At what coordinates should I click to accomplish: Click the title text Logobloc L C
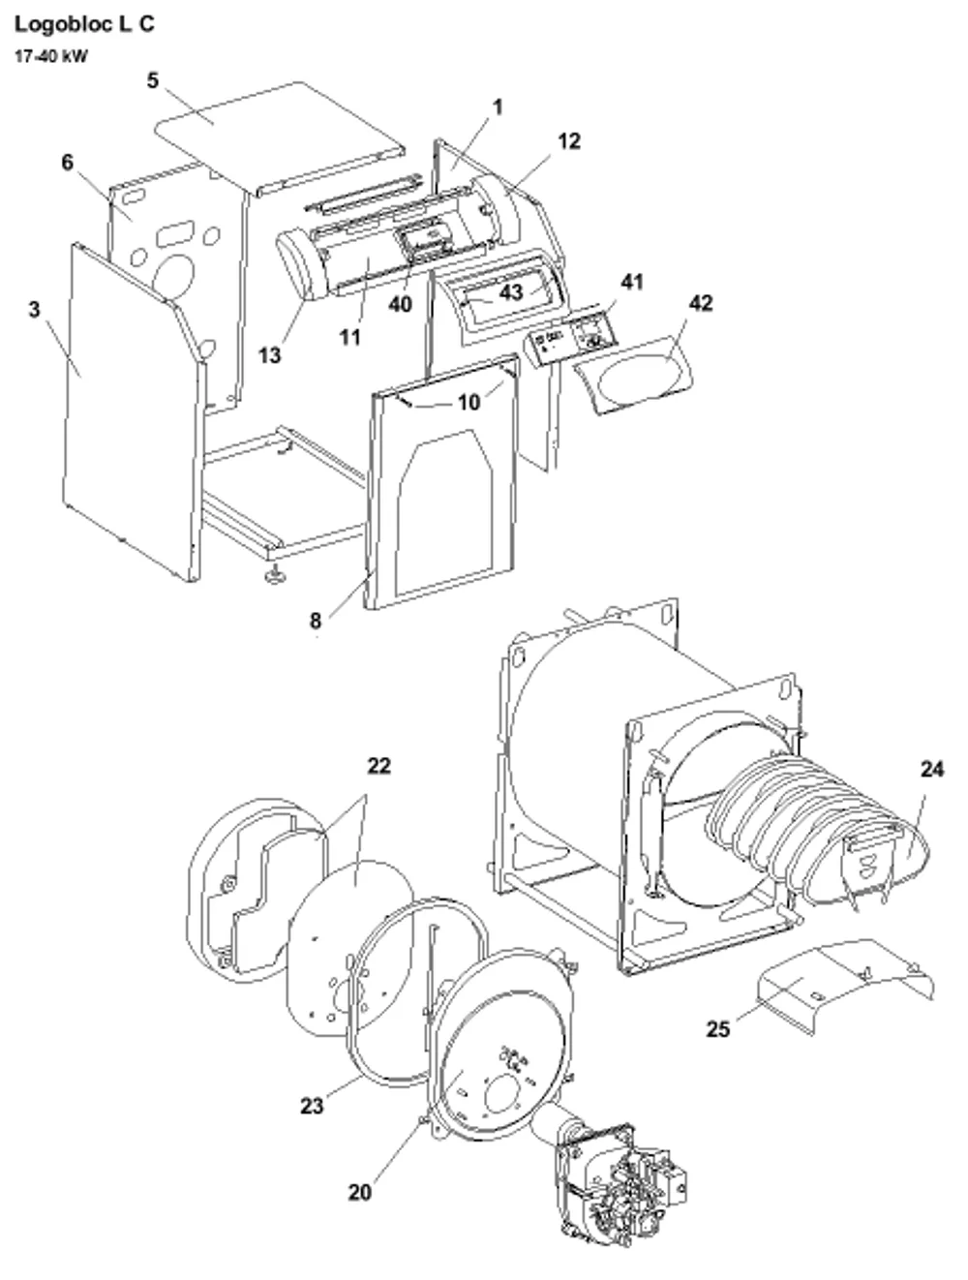pos(84,24)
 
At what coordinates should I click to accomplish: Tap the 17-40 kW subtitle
pos(50,56)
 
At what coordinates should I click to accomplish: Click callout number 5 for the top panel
pos(152,80)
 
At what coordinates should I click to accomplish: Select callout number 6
pos(68,162)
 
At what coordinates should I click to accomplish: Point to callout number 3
pos(35,309)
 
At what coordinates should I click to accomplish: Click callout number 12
pos(569,141)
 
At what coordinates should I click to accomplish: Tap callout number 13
pos(269,354)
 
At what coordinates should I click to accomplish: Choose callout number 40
pos(400,304)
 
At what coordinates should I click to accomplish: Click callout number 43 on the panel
pos(510,292)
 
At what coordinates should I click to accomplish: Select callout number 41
pos(632,283)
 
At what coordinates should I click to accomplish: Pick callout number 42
pos(701,303)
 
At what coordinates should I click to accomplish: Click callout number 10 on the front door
pos(469,402)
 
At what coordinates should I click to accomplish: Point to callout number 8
pos(316,621)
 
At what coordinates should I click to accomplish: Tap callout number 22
pos(378,766)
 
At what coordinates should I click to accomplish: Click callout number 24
pos(932,769)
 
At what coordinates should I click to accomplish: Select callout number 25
pos(718,1029)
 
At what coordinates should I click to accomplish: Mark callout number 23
pos(312,1105)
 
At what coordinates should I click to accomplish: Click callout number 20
pos(359,1193)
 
